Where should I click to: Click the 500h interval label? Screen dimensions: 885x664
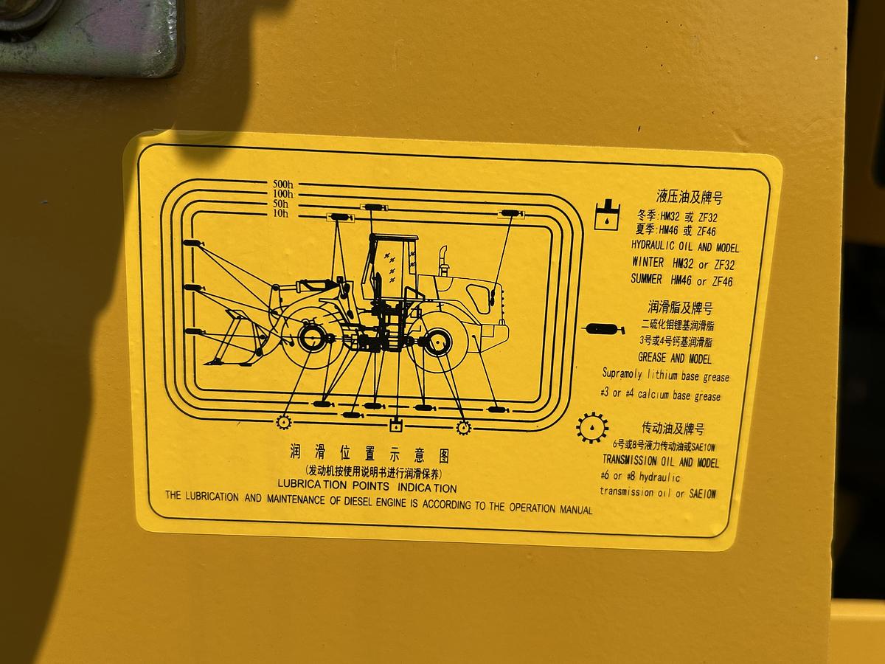[283, 184]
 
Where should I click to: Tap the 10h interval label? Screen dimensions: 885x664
[281, 214]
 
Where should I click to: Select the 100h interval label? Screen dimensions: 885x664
[283, 194]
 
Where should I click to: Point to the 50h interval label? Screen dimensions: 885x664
[281, 204]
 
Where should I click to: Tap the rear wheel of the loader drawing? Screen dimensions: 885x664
[437, 342]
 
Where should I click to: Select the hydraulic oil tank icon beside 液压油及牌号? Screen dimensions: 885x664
[607, 215]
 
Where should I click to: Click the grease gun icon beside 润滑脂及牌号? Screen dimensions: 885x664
[603, 329]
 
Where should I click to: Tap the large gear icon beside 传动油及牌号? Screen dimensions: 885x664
[592, 428]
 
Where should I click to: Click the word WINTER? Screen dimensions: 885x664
[648, 262]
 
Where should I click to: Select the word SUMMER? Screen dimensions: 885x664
[646, 279]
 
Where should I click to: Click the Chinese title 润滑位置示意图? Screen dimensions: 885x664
[369, 454]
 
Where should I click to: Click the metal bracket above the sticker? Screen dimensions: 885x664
[88, 36]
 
